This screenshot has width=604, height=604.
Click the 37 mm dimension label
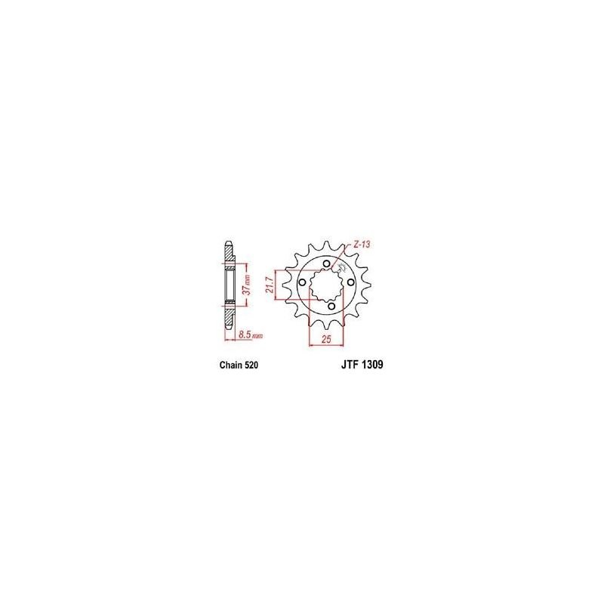pos(248,285)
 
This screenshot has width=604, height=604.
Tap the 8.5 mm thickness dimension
pos(251,335)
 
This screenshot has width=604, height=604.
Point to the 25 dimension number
pos(326,339)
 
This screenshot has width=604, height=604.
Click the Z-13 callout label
pos(362,244)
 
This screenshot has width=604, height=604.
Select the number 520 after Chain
pos(251,365)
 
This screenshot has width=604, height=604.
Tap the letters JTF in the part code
pos(350,365)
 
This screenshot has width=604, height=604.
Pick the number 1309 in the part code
pos(372,365)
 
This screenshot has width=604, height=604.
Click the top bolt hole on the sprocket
pos(327,263)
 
